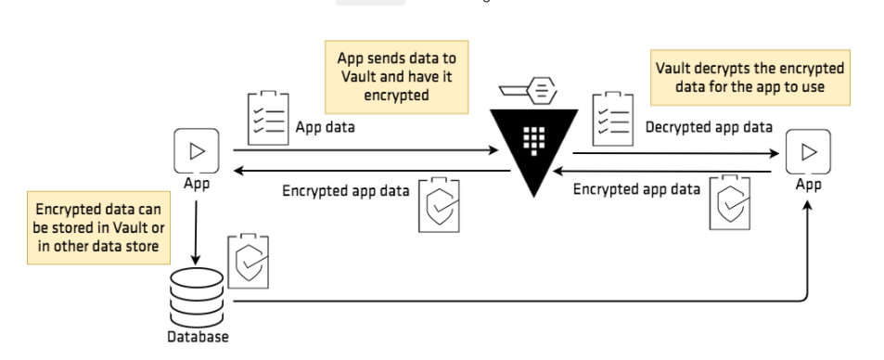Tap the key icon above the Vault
click(528, 90)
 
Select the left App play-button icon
click(197, 150)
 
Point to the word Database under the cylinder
click(198, 337)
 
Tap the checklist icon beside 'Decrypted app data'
click(613, 118)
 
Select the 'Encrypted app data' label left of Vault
click(345, 191)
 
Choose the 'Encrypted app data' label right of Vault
click(636, 189)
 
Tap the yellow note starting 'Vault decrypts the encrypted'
click(749, 78)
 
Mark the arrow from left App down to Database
click(197, 227)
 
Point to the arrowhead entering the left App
click(238, 171)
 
